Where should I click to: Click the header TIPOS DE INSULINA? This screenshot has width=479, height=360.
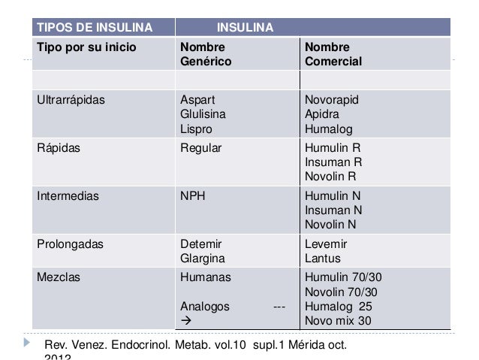(x=95, y=29)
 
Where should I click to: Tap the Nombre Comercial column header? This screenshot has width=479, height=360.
(x=333, y=53)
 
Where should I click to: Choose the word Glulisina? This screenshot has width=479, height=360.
(x=203, y=114)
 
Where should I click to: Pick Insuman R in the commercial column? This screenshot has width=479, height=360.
(x=333, y=162)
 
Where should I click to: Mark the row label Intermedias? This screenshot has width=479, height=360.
(x=69, y=196)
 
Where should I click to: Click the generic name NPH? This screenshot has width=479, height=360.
(x=193, y=196)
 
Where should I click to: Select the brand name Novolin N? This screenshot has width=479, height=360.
(x=331, y=225)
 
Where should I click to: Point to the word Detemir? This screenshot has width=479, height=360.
(x=201, y=244)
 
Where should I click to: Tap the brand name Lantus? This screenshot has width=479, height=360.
(x=324, y=259)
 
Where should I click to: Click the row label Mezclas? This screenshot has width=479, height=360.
(x=59, y=276)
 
